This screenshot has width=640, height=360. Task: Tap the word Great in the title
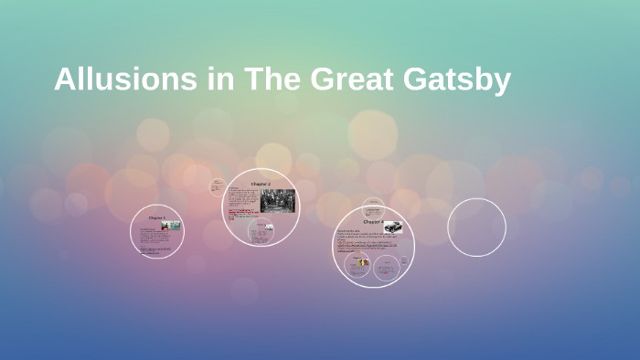coord(351,80)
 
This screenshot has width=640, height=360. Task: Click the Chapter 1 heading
coord(156,218)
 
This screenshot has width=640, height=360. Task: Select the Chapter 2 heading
coord(261,185)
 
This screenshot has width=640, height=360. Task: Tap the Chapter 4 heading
coord(373,222)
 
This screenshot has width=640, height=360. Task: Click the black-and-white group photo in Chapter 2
coord(278,200)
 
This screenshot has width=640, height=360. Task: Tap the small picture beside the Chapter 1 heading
coord(171,225)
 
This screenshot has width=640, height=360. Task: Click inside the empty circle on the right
coord(476,228)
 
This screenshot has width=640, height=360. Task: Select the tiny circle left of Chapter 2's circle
coord(218,186)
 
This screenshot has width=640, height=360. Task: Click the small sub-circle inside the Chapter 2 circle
coord(261,231)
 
